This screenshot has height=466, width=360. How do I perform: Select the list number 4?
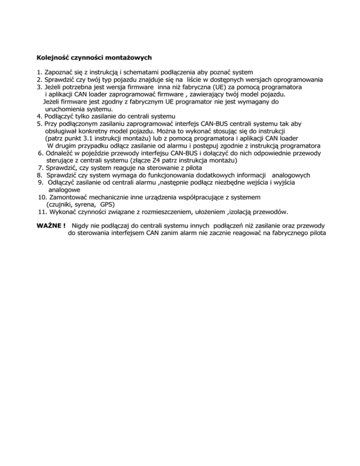39,116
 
